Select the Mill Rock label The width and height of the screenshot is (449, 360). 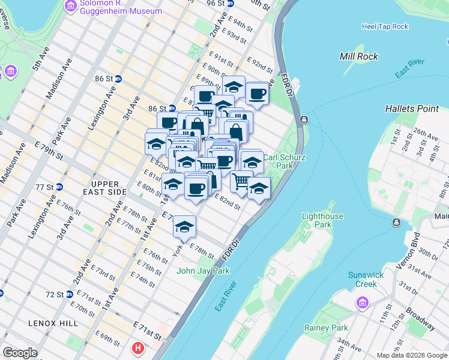click(x=358, y=56)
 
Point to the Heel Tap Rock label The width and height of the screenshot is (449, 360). click(x=385, y=26)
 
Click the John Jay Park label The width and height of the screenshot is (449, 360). click(x=203, y=271)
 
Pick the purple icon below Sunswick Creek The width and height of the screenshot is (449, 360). click(x=362, y=302)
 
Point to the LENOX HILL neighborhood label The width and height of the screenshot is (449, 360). click(x=53, y=323)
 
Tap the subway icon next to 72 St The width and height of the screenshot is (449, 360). click(x=70, y=295)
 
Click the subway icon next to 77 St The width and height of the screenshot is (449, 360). click(x=58, y=187)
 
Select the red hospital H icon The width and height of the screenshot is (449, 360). click(x=139, y=347)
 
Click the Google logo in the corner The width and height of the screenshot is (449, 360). click(x=20, y=353)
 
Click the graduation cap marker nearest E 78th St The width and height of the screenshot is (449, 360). click(x=184, y=226)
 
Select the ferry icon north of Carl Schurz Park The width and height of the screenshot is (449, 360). click(x=304, y=119)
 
